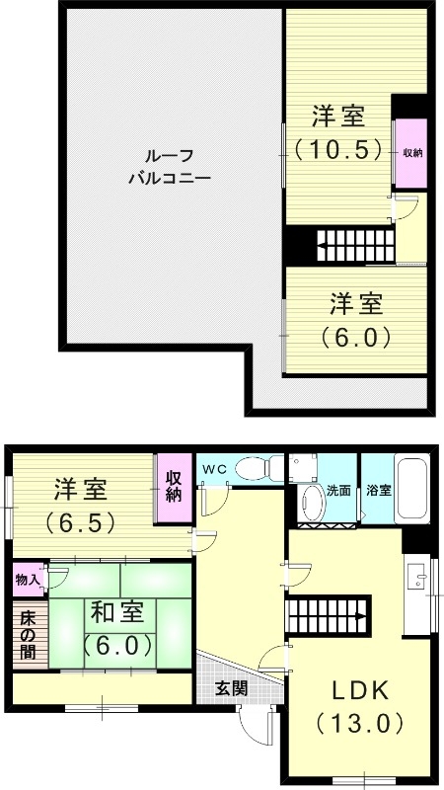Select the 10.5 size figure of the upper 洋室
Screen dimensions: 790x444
point(338,150)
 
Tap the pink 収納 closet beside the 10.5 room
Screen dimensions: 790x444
point(410,153)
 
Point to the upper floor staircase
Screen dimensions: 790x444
point(355,244)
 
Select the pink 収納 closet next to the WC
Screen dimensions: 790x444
point(174,487)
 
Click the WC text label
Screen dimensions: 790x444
point(214,468)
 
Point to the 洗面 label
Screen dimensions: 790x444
point(339,489)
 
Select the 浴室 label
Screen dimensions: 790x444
point(378,489)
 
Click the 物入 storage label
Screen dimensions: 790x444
point(27,580)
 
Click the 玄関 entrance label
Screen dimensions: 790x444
point(233,687)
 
